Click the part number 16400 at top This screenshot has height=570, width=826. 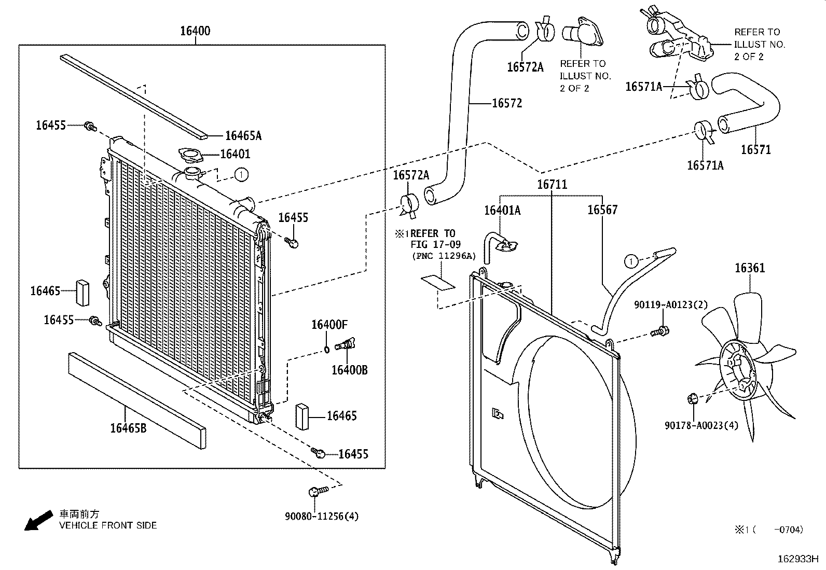tap(195, 31)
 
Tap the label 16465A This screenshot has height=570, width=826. tap(243, 136)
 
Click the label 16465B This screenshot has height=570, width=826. tap(128, 428)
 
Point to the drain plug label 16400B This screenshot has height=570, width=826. tap(349, 370)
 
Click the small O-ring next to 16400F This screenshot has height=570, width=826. tap(327, 349)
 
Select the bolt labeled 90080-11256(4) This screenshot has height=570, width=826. tap(317, 491)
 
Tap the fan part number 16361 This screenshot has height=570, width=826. tap(749, 268)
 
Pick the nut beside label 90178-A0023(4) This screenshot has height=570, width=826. tap(691, 399)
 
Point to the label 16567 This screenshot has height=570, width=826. tap(602, 210)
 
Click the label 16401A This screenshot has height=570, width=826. tap(502, 210)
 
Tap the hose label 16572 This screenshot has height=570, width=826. tap(506, 103)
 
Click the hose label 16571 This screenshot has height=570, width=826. tap(755, 150)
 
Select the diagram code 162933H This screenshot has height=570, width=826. tap(797, 560)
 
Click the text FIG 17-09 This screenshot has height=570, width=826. tap(435, 244)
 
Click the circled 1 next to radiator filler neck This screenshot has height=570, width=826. tap(241, 175)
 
